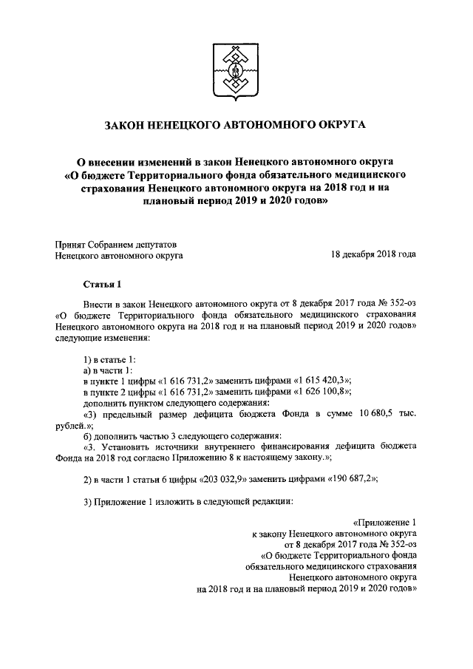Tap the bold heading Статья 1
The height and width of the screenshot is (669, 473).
101,284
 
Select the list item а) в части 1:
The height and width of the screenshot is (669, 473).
108,369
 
